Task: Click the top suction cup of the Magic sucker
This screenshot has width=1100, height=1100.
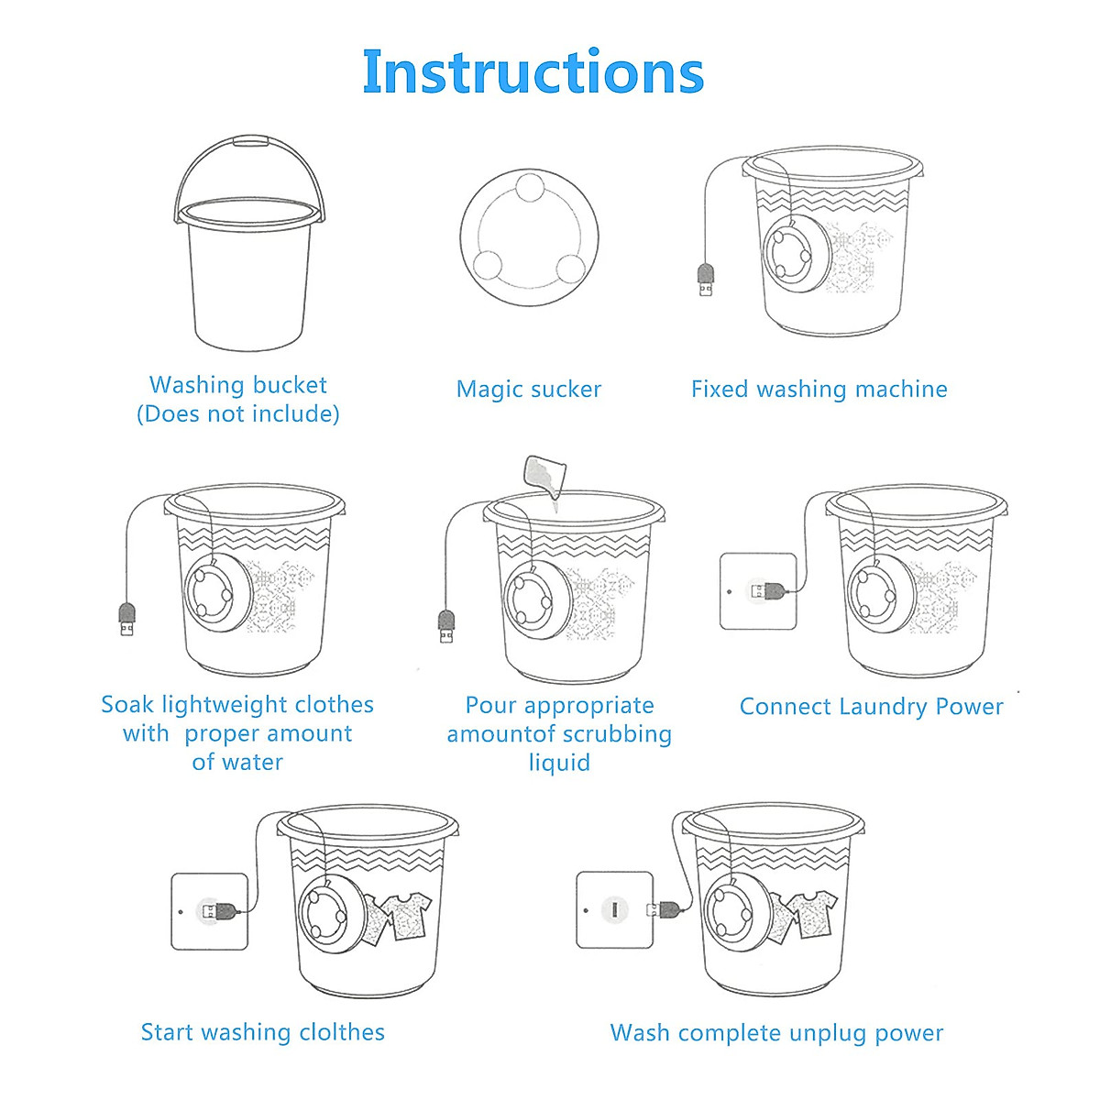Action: click(x=530, y=187)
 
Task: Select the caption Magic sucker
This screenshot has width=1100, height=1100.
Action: click(x=529, y=390)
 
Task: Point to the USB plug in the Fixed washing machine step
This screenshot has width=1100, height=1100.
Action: click(x=706, y=280)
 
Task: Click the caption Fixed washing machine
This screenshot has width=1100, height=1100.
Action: click(x=819, y=390)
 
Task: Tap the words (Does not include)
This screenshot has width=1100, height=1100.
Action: click(x=238, y=413)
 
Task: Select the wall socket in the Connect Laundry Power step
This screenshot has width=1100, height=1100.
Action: click(x=758, y=591)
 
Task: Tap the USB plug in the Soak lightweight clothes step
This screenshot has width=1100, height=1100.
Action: click(x=126, y=619)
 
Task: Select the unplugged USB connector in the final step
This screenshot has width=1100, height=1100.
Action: click(x=665, y=908)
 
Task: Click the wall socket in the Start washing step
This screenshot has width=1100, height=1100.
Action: click(x=210, y=911)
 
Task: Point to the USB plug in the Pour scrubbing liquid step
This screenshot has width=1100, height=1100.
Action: click(x=446, y=626)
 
